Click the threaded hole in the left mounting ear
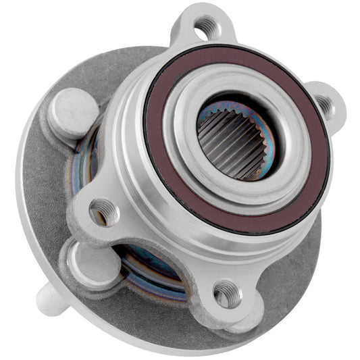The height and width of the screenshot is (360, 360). tap(103, 211)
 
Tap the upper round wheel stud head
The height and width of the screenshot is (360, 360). tap(73, 110)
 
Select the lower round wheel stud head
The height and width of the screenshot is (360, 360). tap(88, 260)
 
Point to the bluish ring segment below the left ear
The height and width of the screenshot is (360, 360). tap(145, 267)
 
